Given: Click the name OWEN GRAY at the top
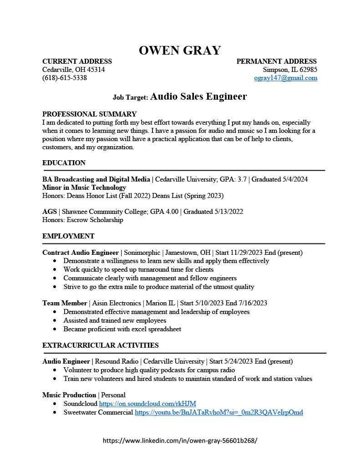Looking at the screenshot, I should (x=180, y=50).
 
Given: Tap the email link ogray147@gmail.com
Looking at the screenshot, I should (x=285, y=78).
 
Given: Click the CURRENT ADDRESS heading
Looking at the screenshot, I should (x=77, y=61).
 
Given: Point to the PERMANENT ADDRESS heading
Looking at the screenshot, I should (x=276, y=61).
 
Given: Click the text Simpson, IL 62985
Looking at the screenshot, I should (x=290, y=70).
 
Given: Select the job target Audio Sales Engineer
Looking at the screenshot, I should (x=198, y=96).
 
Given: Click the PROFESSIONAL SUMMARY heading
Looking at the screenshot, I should (x=89, y=114).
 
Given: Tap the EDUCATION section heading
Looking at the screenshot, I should (x=64, y=163).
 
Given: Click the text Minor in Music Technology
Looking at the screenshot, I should (x=84, y=187).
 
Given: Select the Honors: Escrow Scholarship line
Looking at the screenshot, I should (x=82, y=220).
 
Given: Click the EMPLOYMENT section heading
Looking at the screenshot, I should (x=68, y=236).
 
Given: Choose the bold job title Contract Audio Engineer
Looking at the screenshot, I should (x=80, y=253).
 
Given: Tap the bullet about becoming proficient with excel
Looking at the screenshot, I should (x=122, y=329).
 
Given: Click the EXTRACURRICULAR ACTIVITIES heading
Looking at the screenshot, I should (x=100, y=345).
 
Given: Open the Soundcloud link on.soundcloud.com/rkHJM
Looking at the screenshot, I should (x=147, y=404).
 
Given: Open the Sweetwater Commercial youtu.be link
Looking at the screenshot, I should (x=218, y=412).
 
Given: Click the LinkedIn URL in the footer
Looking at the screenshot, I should (x=180, y=441).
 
